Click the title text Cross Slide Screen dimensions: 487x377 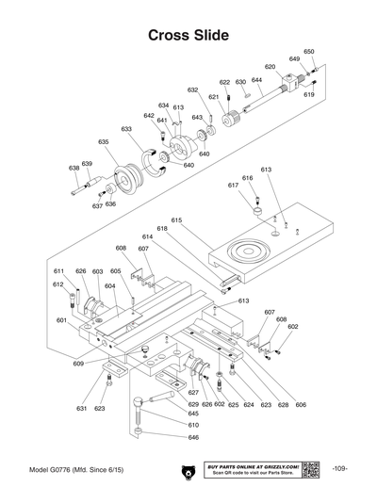click(188, 36)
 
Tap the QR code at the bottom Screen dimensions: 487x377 click(311, 469)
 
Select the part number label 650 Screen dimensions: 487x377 click(309, 51)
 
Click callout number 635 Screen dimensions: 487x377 click(104, 141)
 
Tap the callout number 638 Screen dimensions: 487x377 click(74, 169)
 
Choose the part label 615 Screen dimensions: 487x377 click(176, 219)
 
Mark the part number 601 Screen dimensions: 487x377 click(61, 320)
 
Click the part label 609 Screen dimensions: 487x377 click(78, 363)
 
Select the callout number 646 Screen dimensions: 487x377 click(193, 437)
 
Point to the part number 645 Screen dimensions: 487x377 click(193, 414)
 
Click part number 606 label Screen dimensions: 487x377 click(301, 404)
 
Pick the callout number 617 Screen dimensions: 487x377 click(233, 186)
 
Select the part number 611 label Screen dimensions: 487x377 click(58, 270)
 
